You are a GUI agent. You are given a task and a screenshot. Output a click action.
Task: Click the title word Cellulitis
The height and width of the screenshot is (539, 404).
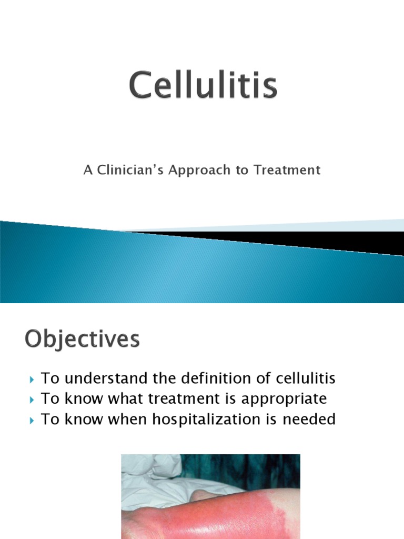203,87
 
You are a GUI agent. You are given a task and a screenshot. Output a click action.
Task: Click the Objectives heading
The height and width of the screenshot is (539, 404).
82,340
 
